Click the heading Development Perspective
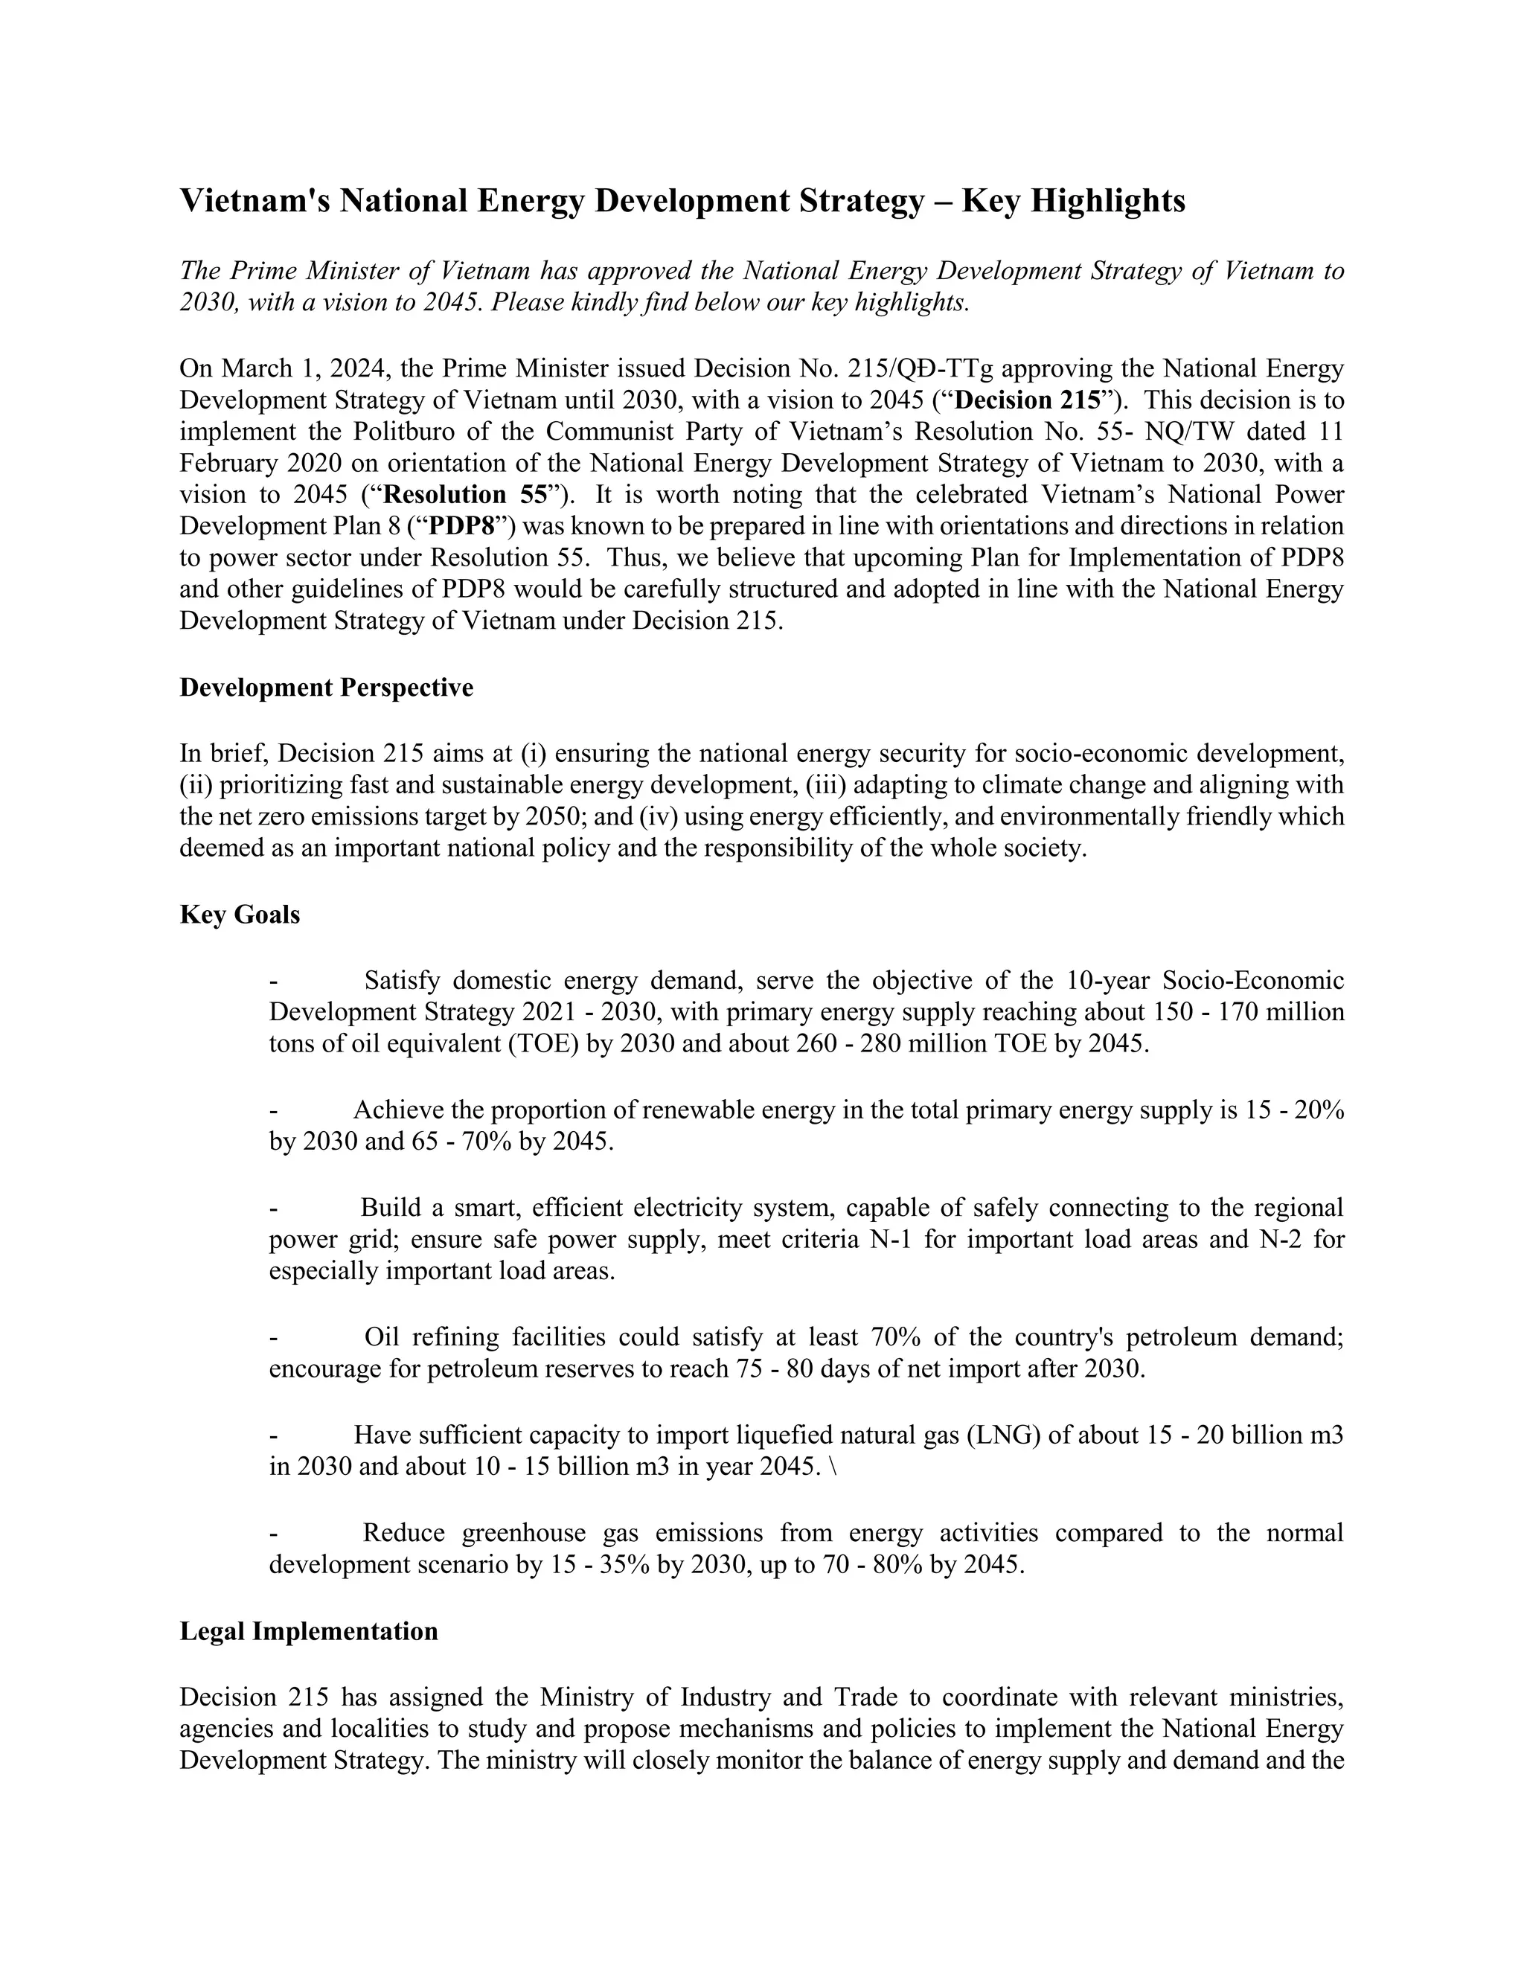[326, 688]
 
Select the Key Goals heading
[240, 915]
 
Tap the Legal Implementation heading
[309, 1630]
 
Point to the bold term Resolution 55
[465, 495]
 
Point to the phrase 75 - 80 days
[793, 1368]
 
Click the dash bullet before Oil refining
[274, 1337]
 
